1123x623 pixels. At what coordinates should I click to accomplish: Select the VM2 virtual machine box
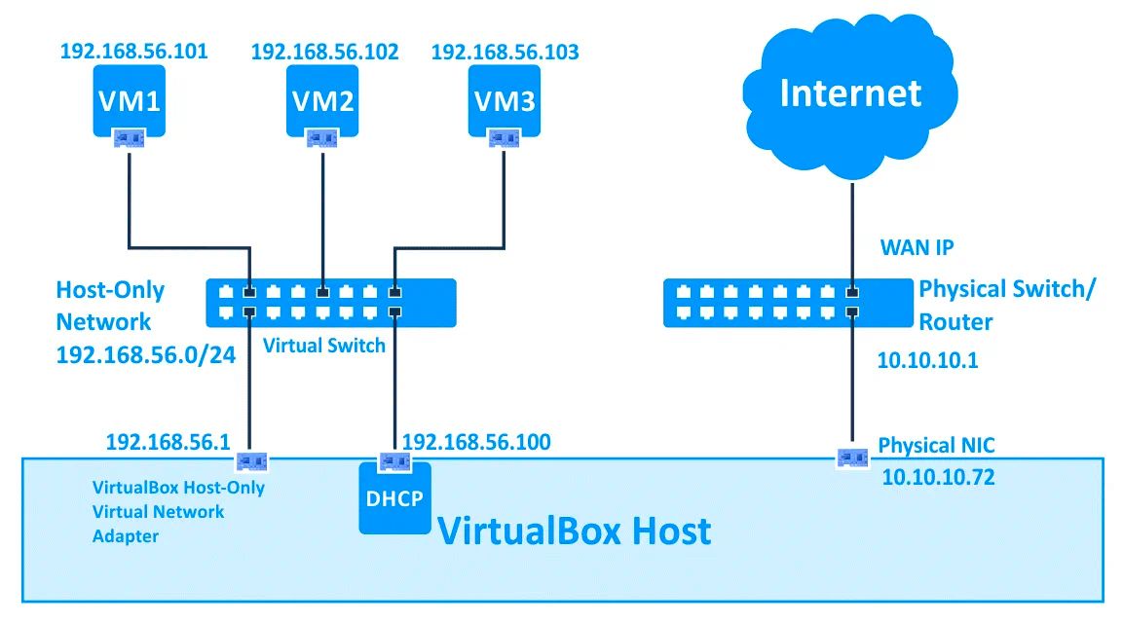tap(322, 101)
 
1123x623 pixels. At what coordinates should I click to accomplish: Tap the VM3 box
tap(505, 101)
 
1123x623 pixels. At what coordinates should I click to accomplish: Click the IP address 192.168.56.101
tap(133, 51)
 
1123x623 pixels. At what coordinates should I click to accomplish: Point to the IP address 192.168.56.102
tap(324, 53)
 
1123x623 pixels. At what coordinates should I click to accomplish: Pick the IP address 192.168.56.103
tap(505, 53)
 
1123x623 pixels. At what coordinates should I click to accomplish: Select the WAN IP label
tap(917, 247)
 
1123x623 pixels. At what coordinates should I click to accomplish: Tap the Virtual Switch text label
tap(324, 346)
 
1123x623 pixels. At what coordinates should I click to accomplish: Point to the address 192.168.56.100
tap(476, 443)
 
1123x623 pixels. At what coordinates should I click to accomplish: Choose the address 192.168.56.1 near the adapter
tap(168, 443)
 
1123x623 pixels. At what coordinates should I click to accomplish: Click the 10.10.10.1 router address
tap(927, 361)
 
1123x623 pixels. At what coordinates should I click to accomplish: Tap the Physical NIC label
tap(936, 446)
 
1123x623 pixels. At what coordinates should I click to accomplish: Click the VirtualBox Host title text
tap(574, 531)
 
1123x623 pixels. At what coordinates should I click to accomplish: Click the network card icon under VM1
tap(129, 139)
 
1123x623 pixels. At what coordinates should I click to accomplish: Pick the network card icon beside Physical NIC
tap(852, 455)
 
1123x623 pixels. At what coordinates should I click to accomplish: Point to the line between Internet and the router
tap(851, 230)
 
